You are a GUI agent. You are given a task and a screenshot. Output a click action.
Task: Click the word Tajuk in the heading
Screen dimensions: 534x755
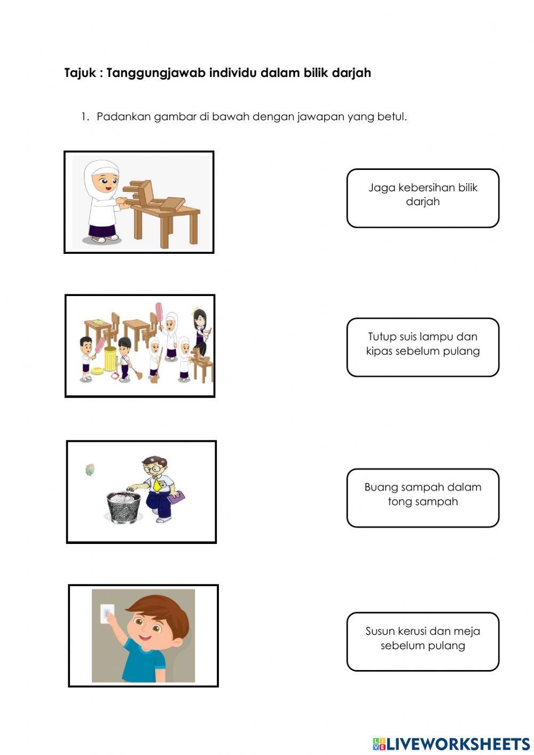80,73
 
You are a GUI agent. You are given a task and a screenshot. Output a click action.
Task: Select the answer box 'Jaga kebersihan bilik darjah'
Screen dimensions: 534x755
423,198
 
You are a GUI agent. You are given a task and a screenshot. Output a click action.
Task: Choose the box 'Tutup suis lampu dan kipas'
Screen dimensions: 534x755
423,347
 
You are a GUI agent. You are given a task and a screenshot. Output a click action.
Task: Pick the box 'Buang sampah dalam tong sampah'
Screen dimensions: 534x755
423,498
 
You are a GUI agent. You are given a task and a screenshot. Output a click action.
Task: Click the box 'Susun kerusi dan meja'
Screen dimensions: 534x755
423,642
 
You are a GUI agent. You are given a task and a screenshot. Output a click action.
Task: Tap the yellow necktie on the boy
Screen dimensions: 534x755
156,484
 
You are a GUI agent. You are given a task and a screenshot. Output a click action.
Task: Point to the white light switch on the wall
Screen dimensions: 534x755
107,614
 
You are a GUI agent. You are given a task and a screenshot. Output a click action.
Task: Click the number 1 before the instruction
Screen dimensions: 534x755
85,117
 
